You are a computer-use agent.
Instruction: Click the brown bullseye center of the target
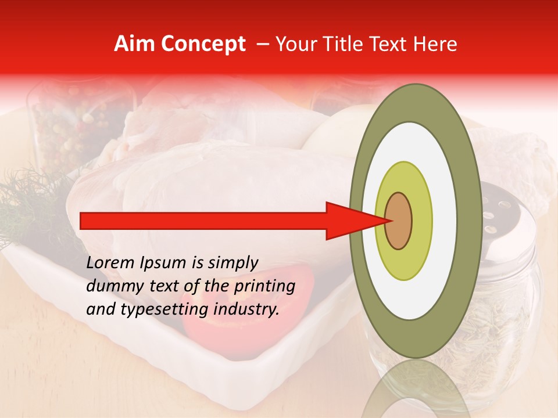click(x=398, y=221)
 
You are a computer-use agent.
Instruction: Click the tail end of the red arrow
click(x=84, y=221)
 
